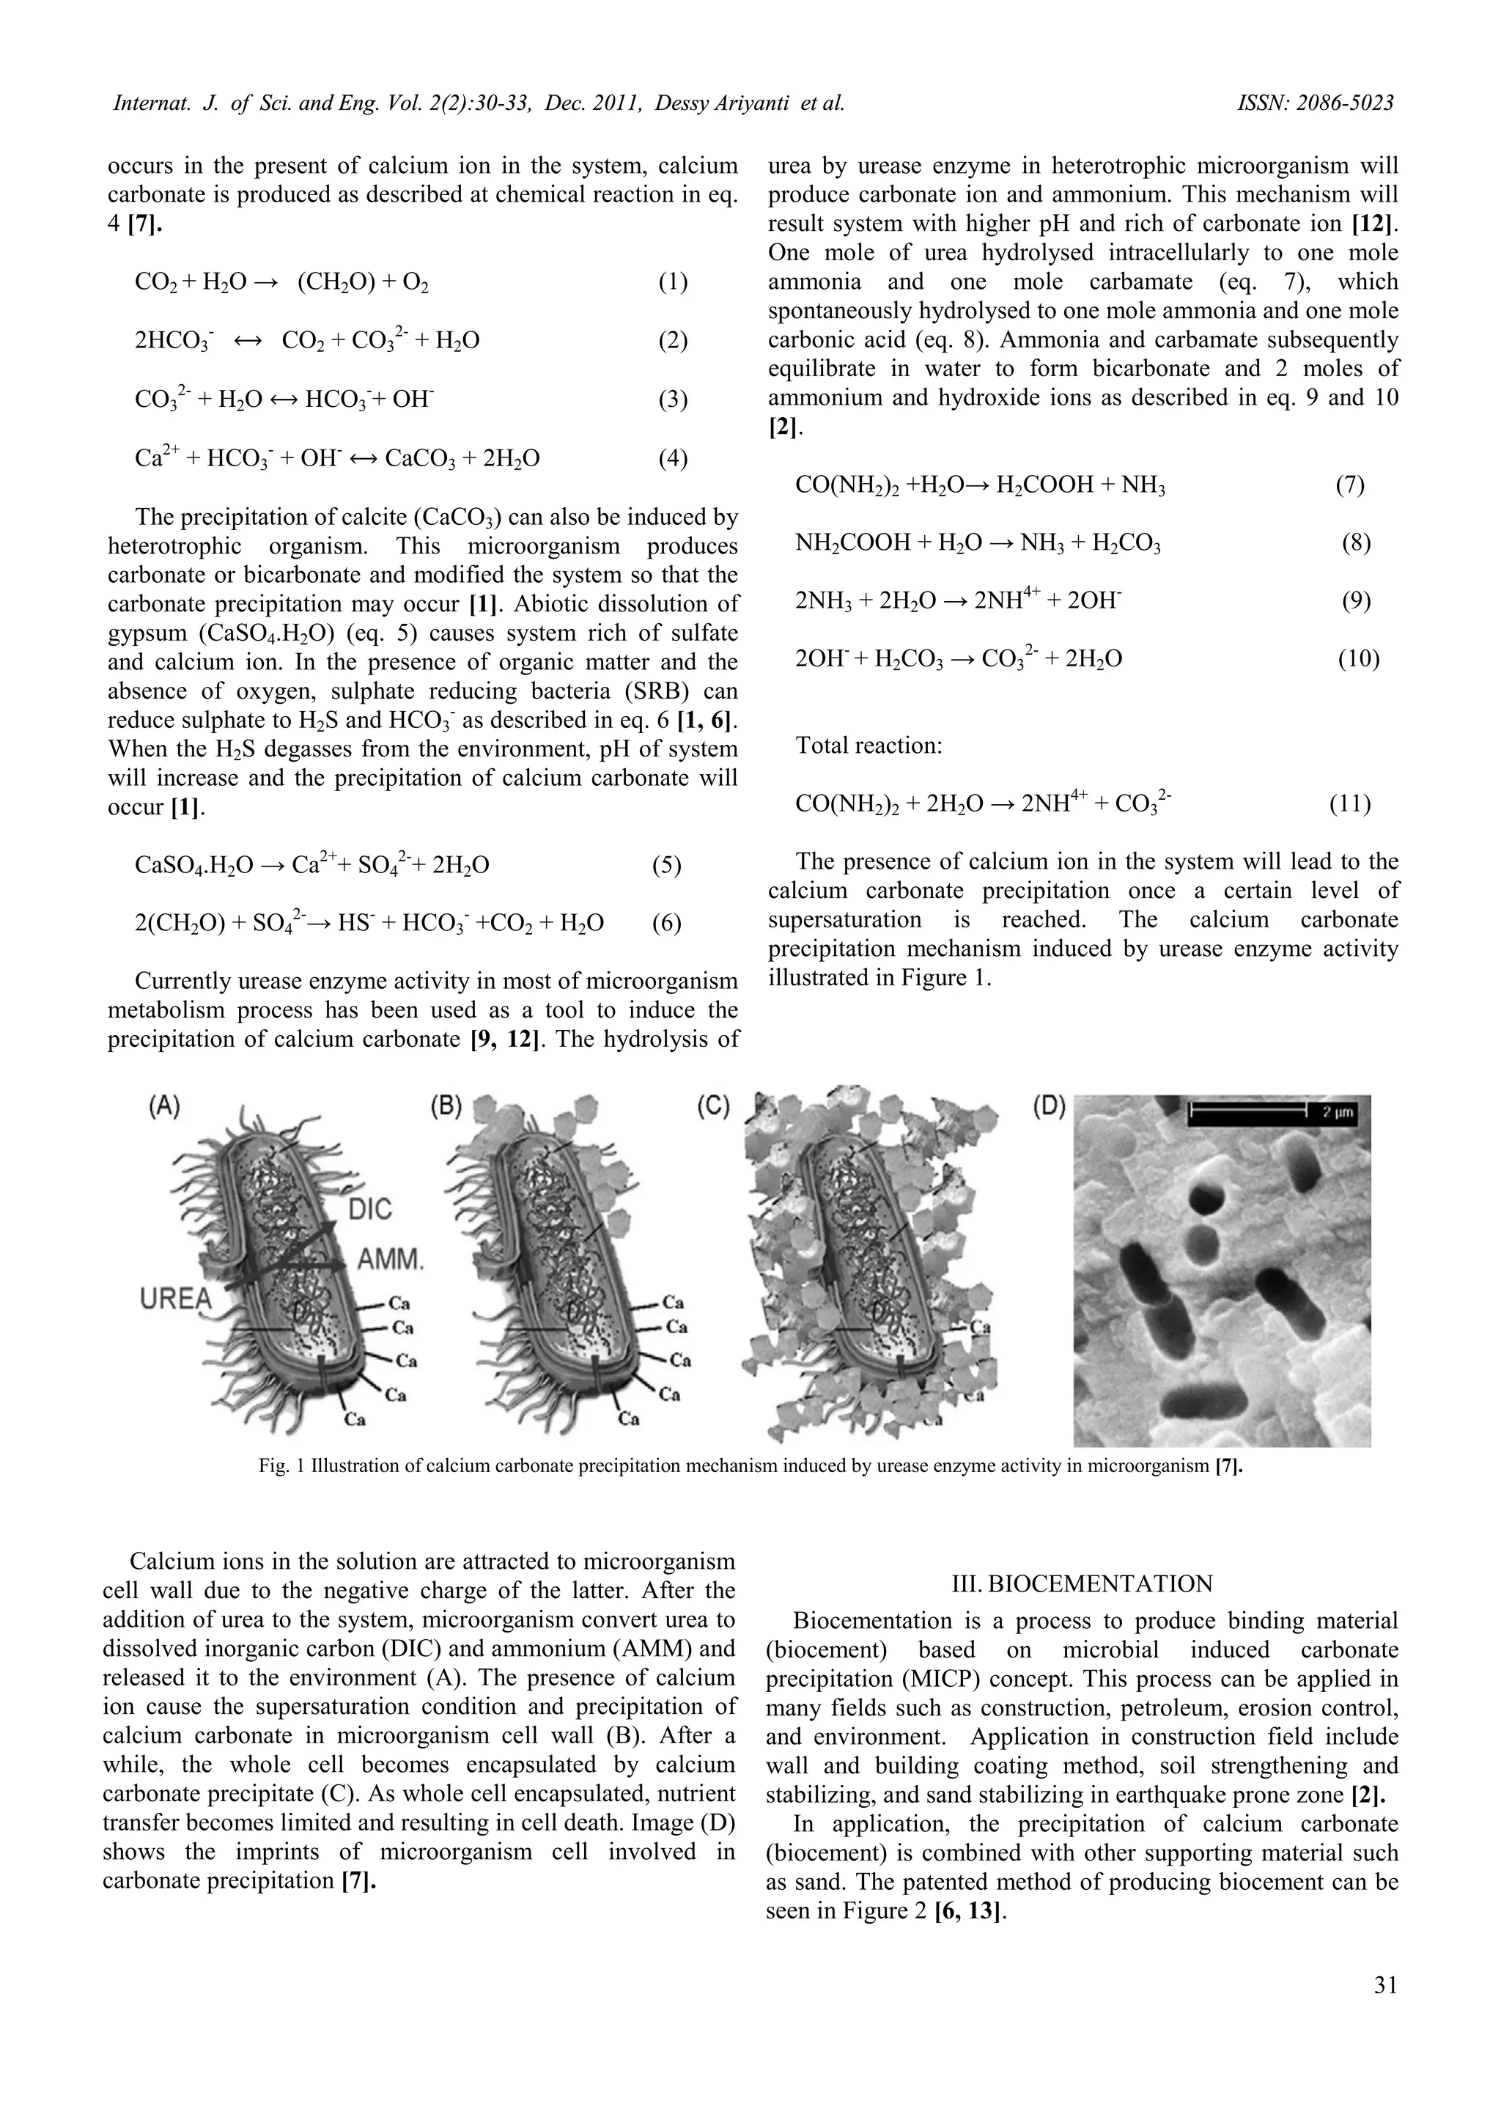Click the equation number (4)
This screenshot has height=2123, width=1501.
[673, 459]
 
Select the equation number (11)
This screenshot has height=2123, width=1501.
[1350, 803]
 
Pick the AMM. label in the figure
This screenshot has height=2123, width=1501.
[391, 1259]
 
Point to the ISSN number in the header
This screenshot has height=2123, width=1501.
[1316, 103]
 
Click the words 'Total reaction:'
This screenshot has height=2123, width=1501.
[868, 746]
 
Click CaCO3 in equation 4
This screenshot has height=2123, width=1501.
[421, 459]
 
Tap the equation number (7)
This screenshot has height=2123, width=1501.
[1350, 485]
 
